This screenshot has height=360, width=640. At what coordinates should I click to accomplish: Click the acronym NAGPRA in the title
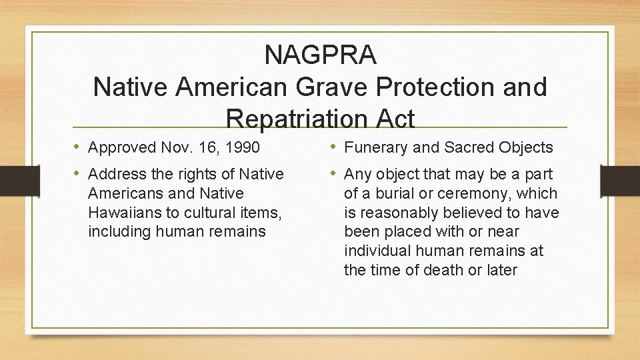[x=320, y=55]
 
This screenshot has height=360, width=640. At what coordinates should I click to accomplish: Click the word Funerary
[x=375, y=147]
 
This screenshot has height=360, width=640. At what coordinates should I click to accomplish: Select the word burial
[x=392, y=194]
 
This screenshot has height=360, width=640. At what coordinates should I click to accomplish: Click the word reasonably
[x=403, y=213]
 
